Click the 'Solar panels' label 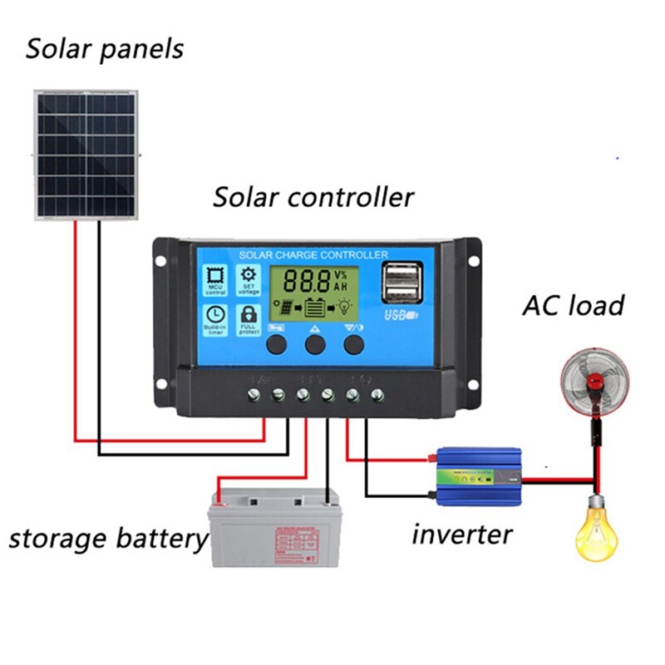(104, 49)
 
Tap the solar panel (86, 155)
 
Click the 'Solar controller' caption (313, 198)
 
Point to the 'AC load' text (573, 305)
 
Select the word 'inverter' (462, 533)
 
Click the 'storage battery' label (107, 538)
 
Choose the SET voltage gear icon (248, 281)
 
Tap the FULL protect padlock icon (248, 318)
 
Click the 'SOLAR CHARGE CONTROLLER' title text (313, 254)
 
